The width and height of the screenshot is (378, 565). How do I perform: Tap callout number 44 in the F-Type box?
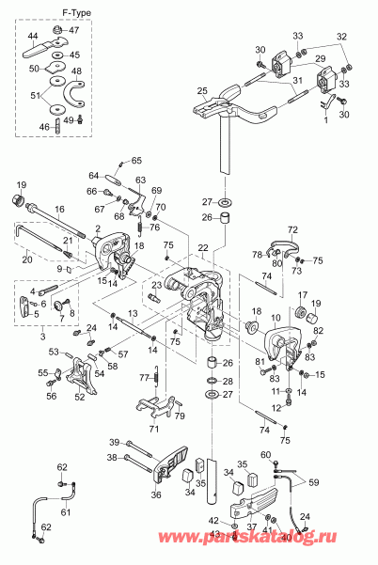[x=33, y=36]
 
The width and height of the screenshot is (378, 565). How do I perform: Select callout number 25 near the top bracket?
[x=201, y=91]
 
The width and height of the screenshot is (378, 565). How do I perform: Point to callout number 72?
[x=292, y=230]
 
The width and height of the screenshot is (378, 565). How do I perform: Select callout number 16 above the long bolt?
[x=58, y=211]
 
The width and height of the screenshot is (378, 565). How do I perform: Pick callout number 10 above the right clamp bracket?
[x=275, y=319]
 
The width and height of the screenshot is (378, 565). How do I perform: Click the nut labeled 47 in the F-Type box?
[x=58, y=32]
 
